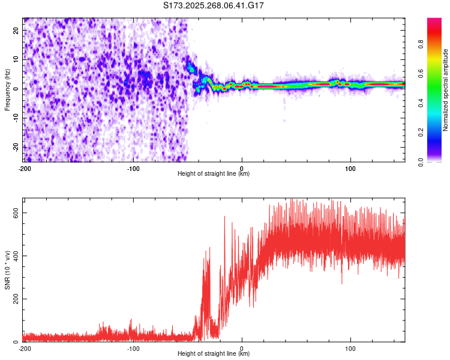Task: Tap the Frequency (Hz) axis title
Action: [x=8, y=89]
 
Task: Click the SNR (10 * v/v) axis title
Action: [x=8, y=270]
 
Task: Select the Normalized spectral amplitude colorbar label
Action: [x=445, y=90]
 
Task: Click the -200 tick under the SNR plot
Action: [x=25, y=348]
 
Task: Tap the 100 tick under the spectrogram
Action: [x=350, y=167]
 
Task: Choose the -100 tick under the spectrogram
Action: [x=133, y=167]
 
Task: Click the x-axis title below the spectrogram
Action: [x=214, y=174]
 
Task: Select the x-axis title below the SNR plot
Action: [x=214, y=354]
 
